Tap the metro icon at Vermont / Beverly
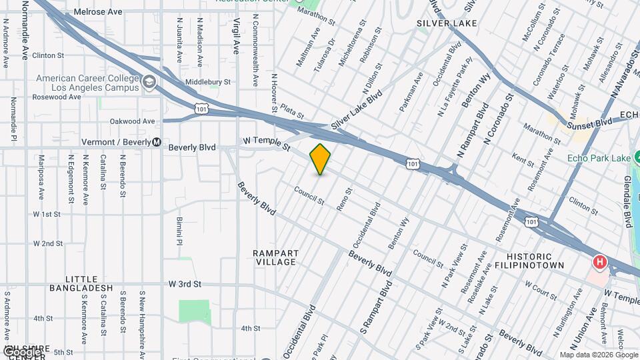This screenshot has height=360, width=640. (x=157, y=142)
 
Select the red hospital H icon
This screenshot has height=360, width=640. (x=600, y=262)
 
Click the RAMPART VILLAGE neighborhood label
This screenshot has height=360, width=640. (x=275, y=257)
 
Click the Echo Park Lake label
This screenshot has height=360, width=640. (x=597, y=158)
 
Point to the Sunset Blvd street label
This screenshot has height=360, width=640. (x=589, y=123)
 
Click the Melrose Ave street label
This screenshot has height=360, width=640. (x=98, y=12)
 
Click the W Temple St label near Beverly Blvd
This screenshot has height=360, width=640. (x=267, y=142)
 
